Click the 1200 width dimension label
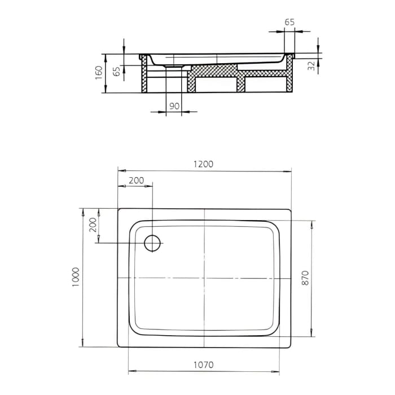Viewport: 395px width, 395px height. pyautogui.click(x=204, y=164)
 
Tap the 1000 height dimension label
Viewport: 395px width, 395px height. pyautogui.click(x=76, y=278)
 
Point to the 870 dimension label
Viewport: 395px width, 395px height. pyautogui.click(x=305, y=278)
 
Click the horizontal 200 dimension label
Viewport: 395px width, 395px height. pyautogui.click(x=136, y=181)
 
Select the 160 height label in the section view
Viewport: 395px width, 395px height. pyautogui.click(x=99, y=73)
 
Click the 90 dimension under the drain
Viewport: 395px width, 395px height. pyautogui.click(x=174, y=106)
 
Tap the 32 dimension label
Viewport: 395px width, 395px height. pyautogui.click(x=311, y=65)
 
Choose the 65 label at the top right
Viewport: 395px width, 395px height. pyautogui.click(x=289, y=22)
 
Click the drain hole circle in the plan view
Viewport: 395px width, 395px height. pyautogui.click(x=153, y=243)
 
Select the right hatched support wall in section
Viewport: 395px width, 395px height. pyautogui.click(x=290, y=76)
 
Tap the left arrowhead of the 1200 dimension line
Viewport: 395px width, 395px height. pyautogui.click(x=120, y=169)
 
